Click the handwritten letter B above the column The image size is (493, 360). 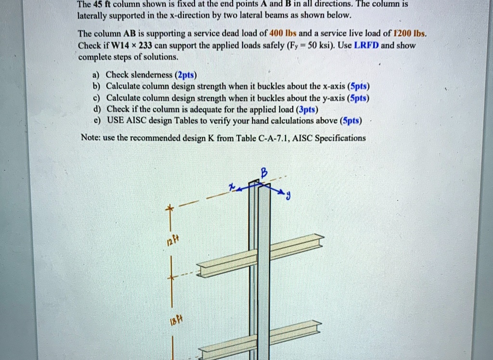(263, 172)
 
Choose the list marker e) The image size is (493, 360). (97, 120)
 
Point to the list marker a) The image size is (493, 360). (97, 75)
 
